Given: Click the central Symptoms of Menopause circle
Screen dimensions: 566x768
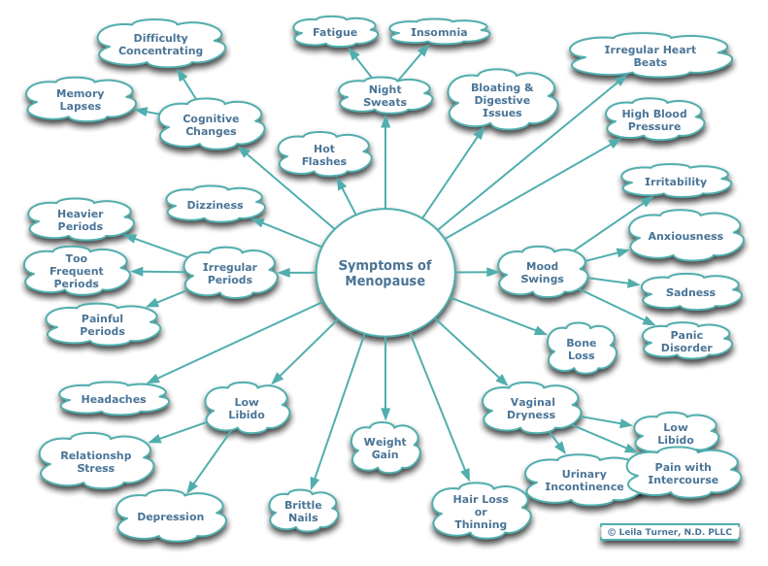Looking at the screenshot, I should coord(384,273).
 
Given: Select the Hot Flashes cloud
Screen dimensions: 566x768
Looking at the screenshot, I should coord(323,155).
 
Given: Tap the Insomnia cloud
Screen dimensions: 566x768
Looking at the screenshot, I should coord(438,32).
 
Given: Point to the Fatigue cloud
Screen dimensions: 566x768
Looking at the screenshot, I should coord(334,32).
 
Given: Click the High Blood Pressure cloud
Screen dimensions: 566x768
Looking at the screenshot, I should coord(653,119).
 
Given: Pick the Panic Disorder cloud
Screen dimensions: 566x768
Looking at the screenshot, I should coord(685,342).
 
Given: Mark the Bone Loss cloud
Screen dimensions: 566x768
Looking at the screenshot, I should coord(581,350).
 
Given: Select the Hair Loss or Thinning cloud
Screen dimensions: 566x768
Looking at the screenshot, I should coord(481,512).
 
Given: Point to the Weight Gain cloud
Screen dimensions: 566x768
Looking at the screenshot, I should coord(384,448).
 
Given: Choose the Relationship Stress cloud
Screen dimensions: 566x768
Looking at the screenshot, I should coord(95,461).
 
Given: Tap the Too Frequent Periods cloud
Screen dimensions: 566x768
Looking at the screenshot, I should coord(76,271).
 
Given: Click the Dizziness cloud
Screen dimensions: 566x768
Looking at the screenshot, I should coord(215,205).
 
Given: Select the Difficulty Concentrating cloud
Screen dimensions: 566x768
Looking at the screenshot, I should coord(161,45).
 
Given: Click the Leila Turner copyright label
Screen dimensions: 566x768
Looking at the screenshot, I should coord(670,532).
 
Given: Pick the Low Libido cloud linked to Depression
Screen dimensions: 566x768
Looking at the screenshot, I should coord(247,408).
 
